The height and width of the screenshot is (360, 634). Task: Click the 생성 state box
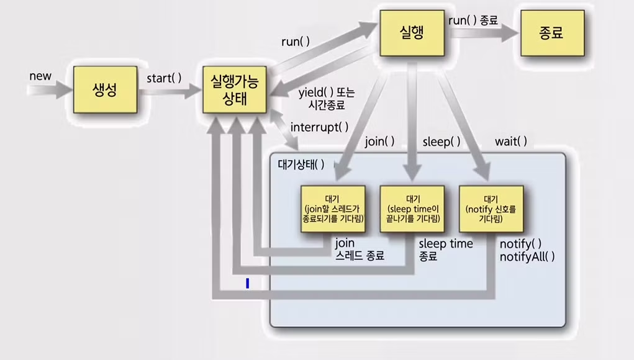point(105,89)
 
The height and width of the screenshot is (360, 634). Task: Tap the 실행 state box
point(412,32)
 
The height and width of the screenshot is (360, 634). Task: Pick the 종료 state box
point(552,33)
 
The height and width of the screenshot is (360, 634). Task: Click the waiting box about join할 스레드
point(332,209)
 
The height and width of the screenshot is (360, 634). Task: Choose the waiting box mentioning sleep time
point(412,209)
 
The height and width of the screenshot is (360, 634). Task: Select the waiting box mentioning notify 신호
point(491,209)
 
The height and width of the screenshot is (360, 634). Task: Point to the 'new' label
point(40,76)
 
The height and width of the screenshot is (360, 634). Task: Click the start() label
point(164,78)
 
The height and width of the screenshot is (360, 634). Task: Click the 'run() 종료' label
point(473,20)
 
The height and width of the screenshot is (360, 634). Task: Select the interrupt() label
point(319,127)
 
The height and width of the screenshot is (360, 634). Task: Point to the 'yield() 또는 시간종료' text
point(326,99)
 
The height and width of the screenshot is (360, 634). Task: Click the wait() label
point(510,142)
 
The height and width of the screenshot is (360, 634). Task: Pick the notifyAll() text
point(527,256)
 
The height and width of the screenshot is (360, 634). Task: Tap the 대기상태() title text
point(301,165)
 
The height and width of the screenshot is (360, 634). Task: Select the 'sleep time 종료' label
point(445,250)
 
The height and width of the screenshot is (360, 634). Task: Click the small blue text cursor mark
point(247,284)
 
